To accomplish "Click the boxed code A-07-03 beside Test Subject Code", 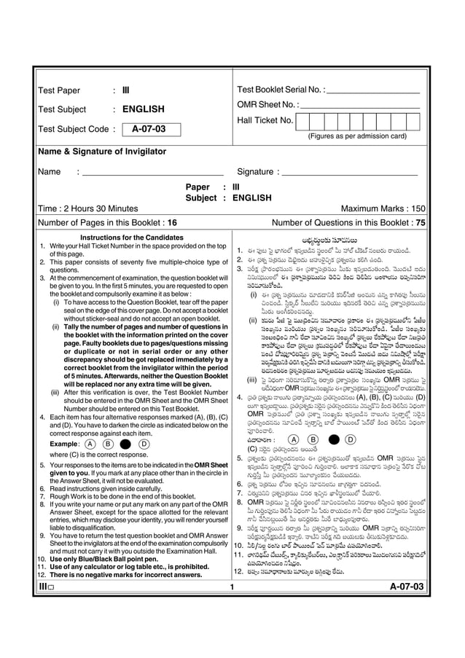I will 149,130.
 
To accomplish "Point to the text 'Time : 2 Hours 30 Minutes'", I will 88,208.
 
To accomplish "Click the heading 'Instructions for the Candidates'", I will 131,238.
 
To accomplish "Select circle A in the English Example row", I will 90,444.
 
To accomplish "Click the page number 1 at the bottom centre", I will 231,606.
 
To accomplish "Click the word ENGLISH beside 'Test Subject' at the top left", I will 144,110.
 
